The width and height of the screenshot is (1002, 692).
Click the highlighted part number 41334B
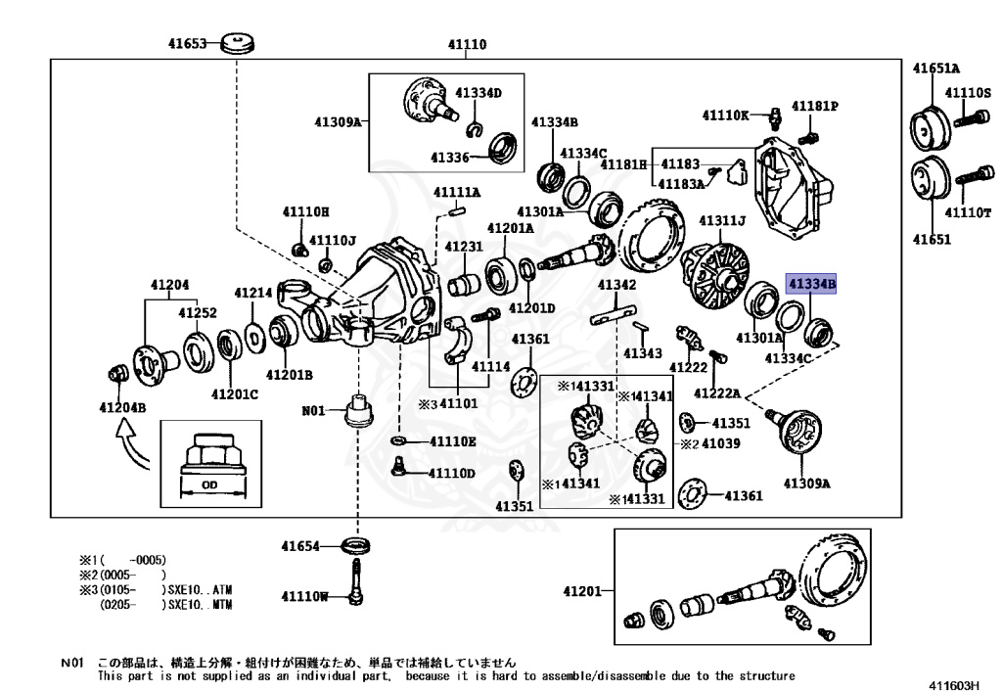812,284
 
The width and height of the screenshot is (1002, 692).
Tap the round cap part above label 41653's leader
237,44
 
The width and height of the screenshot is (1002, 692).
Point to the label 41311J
722,220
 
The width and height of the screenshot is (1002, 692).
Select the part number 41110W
305,595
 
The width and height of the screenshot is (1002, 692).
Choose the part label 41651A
936,69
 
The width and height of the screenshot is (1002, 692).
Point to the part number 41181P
815,105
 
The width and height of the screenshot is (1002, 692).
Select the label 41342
616,285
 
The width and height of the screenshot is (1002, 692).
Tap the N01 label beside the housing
313,411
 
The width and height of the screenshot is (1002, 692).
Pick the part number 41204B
121,407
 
